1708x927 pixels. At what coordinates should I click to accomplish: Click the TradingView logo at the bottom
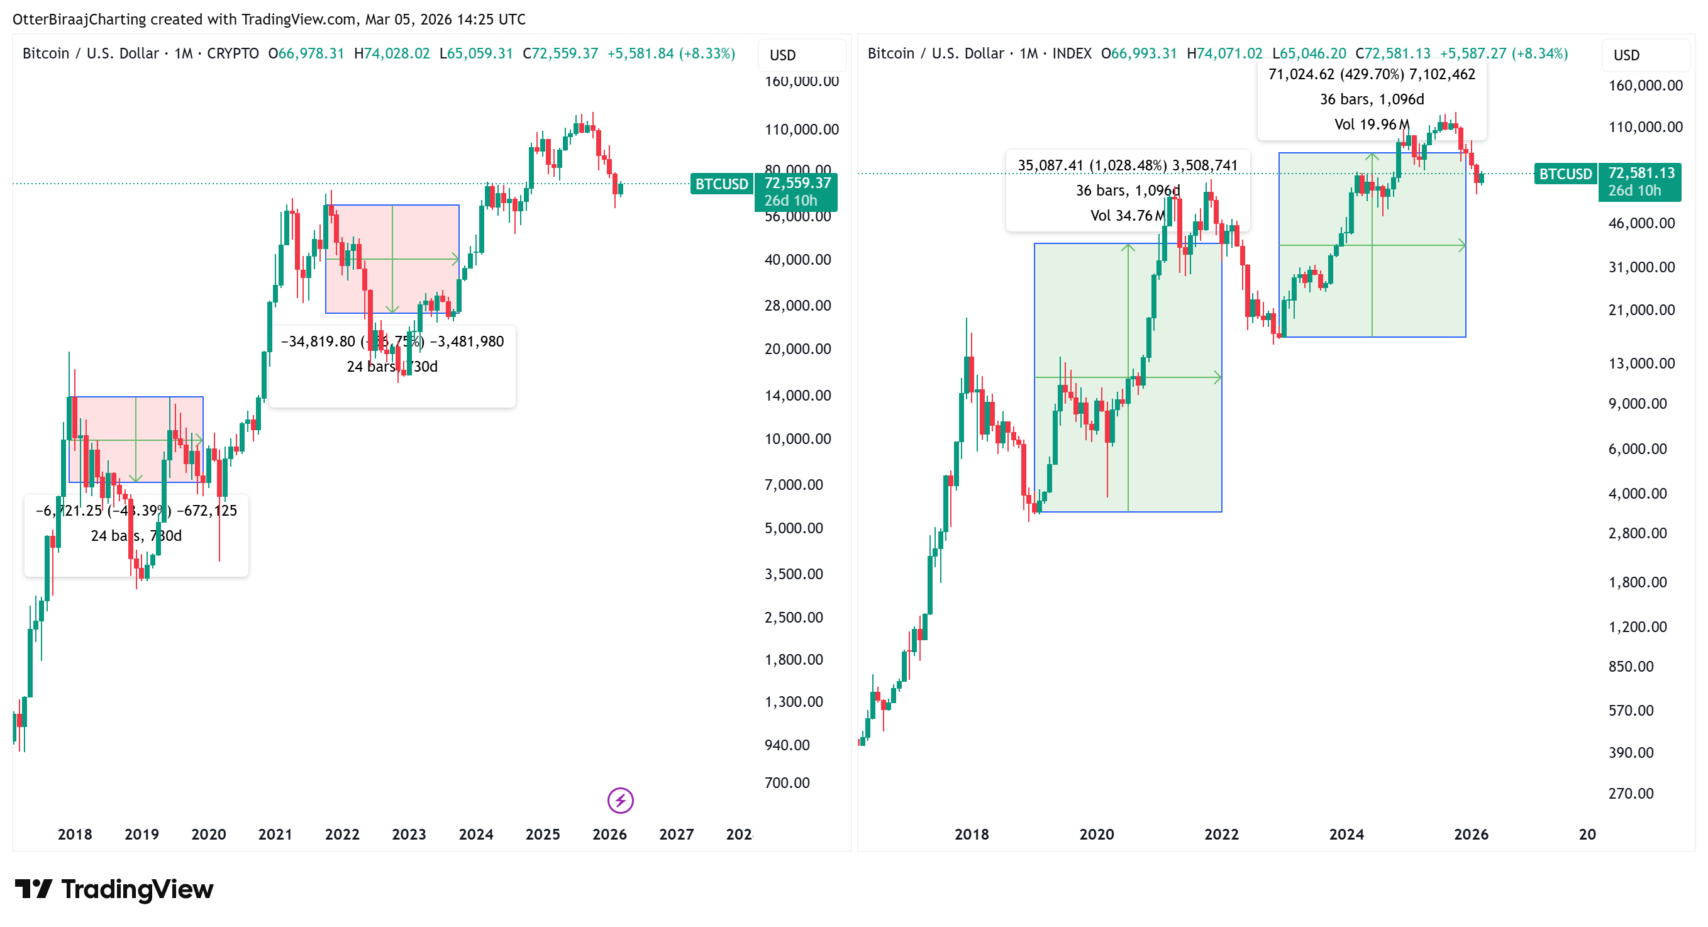pyautogui.click(x=114, y=889)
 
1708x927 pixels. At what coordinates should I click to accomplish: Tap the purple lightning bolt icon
pyautogui.click(x=620, y=801)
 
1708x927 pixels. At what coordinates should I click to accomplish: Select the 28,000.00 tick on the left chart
pyautogui.click(x=797, y=306)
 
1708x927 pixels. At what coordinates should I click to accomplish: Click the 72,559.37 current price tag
pyautogui.click(x=796, y=184)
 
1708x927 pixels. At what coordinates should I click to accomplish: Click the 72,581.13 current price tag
pyautogui.click(x=1641, y=173)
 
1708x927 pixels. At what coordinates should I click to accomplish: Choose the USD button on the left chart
pyautogui.click(x=782, y=55)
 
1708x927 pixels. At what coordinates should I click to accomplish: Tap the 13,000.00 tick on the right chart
pyautogui.click(x=1641, y=364)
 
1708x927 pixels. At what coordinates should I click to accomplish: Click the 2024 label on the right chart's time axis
pyautogui.click(x=1346, y=834)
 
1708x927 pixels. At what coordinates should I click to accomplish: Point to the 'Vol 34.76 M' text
pyautogui.click(x=1127, y=216)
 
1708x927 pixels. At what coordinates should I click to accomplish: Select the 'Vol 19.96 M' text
pyautogui.click(x=1371, y=124)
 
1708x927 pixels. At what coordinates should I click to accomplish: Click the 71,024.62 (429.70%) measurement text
pyautogui.click(x=1371, y=74)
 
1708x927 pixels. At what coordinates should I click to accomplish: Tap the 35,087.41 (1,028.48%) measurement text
pyautogui.click(x=1127, y=165)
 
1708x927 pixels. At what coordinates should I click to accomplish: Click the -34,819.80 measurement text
pyautogui.click(x=318, y=341)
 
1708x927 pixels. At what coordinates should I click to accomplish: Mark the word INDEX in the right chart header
pyautogui.click(x=1072, y=53)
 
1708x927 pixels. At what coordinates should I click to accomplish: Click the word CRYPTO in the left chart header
pyautogui.click(x=233, y=53)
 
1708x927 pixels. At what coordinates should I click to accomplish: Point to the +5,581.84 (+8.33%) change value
pyautogui.click(x=671, y=53)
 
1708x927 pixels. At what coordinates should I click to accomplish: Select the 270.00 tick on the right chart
pyautogui.click(x=1631, y=793)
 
